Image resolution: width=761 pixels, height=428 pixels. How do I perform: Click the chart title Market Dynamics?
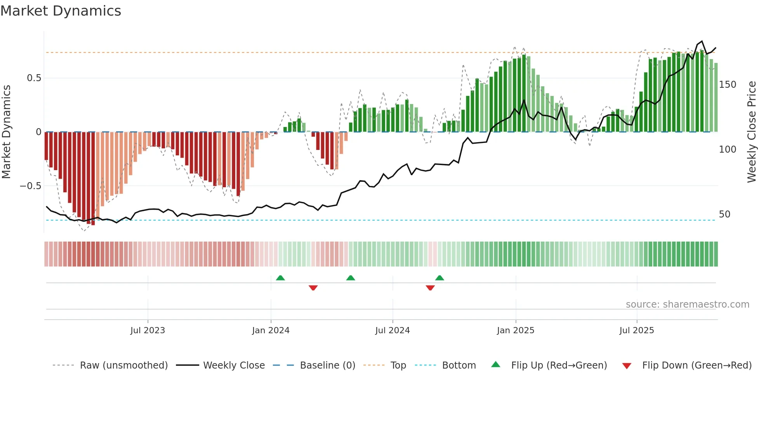click(x=61, y=11)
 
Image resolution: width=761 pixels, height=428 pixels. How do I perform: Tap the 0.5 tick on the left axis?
click(x=34, y=78)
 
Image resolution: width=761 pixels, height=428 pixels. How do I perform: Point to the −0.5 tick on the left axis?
click(x=30, y=186)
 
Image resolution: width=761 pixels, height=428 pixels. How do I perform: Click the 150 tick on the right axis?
click(x=727, y=85)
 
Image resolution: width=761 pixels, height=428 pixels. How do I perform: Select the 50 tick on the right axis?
click(x=725, y=214)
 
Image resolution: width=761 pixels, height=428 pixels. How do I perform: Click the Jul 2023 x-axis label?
click(x=148, y=331)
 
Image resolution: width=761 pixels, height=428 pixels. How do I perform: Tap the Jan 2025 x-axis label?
click(x=516, y=331)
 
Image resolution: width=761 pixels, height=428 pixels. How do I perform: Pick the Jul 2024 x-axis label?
click(x=393, y=331)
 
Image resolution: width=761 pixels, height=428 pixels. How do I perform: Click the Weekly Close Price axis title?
click(x=752, y=132)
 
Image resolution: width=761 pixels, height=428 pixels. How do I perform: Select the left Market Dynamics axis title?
click(x=6, y=132)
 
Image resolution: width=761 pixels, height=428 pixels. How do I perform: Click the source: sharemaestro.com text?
click(x=687, y=304)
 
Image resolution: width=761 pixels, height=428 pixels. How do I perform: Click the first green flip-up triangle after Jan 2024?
click(x=280, y=278)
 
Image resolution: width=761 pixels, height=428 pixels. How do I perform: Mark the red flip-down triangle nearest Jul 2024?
click(x=430, y=288)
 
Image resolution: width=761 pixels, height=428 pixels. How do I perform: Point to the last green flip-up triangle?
click(x=440, y=278)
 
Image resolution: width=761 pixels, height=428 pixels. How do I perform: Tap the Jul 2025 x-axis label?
click(x=637, y=331)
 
